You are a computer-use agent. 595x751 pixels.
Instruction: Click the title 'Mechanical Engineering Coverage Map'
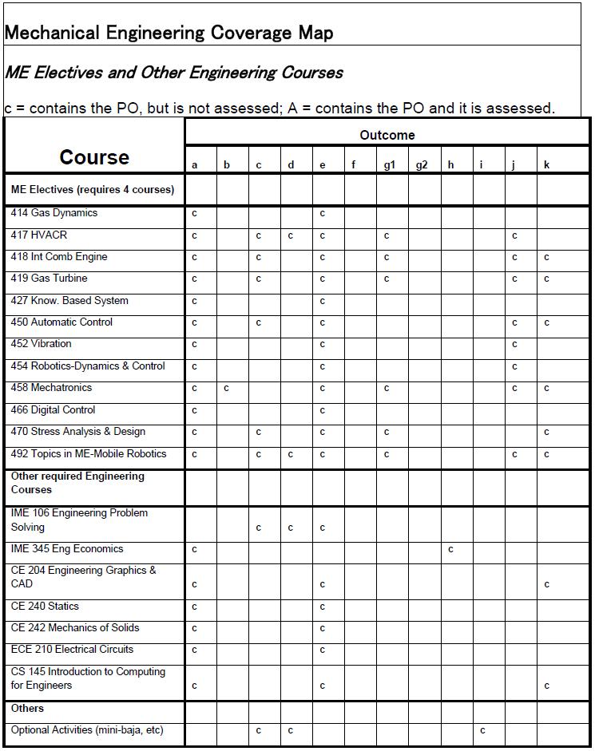tap(169, 33)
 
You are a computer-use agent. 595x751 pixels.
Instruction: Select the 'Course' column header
tap(94, 157)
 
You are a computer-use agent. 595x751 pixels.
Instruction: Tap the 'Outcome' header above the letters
tap(387, 135)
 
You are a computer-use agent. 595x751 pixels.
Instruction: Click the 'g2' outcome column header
tap(422, 165)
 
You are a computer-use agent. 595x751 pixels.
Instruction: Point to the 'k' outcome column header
tap(546, 165)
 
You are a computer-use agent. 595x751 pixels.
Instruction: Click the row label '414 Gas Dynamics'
tap(54, 213)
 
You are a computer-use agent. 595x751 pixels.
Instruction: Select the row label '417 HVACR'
tap(39, 235)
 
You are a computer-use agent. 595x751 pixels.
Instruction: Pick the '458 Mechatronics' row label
tap(51, 388)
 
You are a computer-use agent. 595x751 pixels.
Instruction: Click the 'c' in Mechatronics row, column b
tap(227, 389)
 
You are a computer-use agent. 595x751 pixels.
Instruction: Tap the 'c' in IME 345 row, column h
tap(451, 550)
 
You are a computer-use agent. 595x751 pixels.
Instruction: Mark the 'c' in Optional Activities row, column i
tap(482, 731)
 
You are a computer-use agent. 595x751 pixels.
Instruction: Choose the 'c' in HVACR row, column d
tap(291, 236)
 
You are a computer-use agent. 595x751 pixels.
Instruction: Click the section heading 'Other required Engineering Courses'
tap(77, 483)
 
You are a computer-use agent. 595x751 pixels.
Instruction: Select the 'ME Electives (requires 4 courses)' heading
tap(92, 190)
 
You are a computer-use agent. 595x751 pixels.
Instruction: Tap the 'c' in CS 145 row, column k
tap(546, 686)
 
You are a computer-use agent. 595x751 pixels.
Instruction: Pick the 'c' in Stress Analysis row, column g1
tap(387, 433)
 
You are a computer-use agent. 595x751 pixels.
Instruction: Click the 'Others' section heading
tap(27, 709)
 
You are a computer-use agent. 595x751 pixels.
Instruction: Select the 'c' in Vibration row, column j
tap(514, 345)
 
